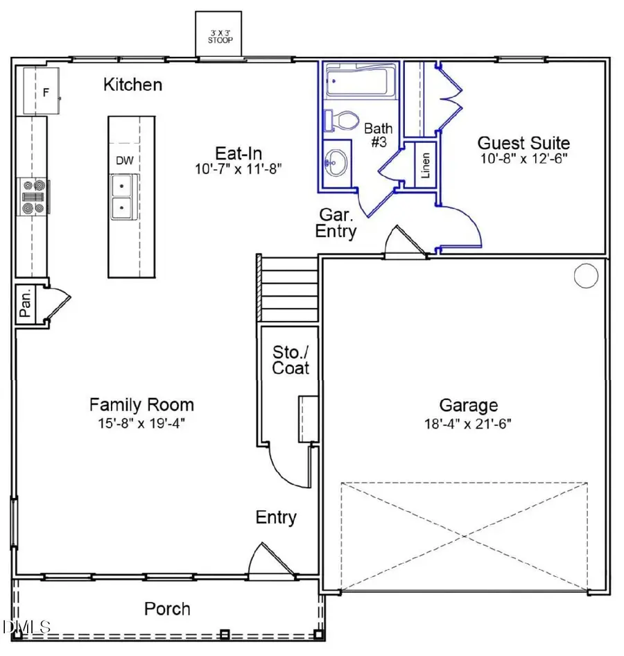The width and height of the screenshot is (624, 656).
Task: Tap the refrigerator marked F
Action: [46, 91]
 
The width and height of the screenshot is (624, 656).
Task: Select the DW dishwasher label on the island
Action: [124, 161]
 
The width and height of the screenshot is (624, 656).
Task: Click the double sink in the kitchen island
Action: [124, 196]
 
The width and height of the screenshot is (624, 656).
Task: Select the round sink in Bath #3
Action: [337, 162]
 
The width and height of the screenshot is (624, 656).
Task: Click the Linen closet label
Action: [425, 164]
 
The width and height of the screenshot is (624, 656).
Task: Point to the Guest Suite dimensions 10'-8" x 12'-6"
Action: [523, 159]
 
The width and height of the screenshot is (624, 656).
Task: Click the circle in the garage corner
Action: [586, 276]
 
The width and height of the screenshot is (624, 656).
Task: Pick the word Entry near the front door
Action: [276, 517]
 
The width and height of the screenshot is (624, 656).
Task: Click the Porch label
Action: [167, 609]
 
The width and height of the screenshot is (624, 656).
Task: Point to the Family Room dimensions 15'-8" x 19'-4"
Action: [141, 422]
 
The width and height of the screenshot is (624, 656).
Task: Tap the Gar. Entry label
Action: [336, 223]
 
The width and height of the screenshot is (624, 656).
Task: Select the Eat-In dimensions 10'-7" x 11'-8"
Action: [238, 168]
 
